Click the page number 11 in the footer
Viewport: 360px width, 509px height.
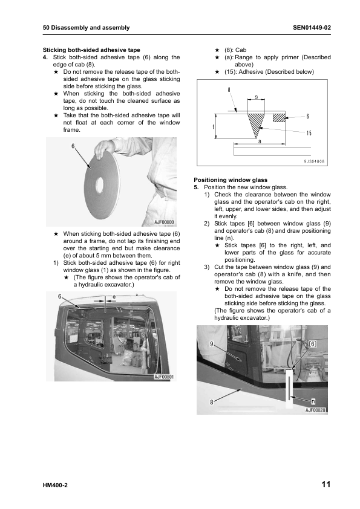[x=326, y=485]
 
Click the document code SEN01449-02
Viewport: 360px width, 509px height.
[x=312, y=28]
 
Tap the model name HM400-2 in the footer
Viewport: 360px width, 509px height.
[x=55, y=485]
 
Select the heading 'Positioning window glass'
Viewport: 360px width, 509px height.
[x=231, y=180]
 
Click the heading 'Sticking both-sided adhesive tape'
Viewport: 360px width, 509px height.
[x=91, y=50]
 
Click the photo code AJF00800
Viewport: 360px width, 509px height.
[x=164, y=222]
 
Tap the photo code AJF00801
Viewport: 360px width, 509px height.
[x=164, y=377]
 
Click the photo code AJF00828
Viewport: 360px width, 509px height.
[x=315, y=410]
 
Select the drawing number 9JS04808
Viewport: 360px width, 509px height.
[x=314, y=161]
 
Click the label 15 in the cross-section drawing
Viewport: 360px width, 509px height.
[x=309, y=133]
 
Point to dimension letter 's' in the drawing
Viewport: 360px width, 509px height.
[x=257, y=97]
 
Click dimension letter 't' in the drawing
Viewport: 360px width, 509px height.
[x=213, y=126]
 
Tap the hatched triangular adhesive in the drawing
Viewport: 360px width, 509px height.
[x=256, y=123]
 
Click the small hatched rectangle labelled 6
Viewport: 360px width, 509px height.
[x=279, y=117]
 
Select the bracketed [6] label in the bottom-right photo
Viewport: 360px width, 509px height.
[x=312, y=344]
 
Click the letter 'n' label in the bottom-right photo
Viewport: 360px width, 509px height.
[x=313, y=401]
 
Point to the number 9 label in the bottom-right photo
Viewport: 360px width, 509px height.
[x=212, y=344]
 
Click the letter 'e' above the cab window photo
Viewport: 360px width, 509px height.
[x=114, y=297]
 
